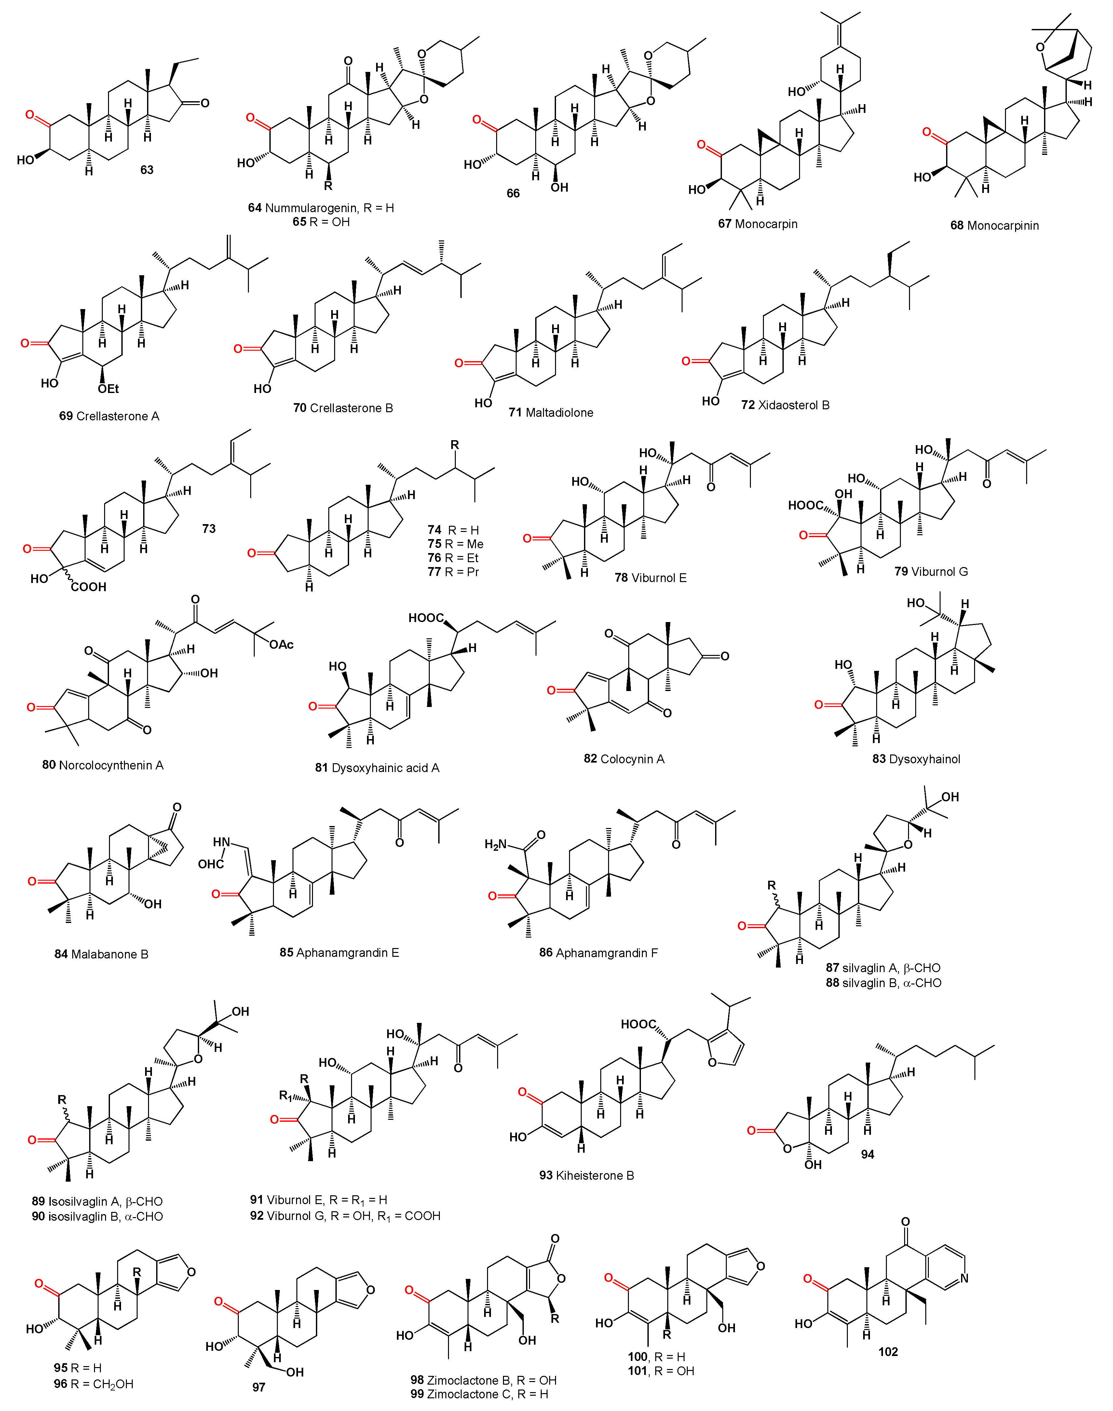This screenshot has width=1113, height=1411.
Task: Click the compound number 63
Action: tap(147, 170)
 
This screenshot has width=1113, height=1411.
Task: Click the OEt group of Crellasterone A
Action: tap(108, 389)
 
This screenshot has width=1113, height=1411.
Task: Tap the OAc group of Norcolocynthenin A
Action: tap(281, 644)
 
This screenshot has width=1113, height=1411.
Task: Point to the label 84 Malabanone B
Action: tap(101, 954)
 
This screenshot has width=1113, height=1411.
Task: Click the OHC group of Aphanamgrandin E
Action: tap(210, 864)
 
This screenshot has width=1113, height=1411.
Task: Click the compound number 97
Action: tap(259, 1387)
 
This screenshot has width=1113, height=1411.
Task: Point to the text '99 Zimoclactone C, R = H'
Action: tap(479, 1394)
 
